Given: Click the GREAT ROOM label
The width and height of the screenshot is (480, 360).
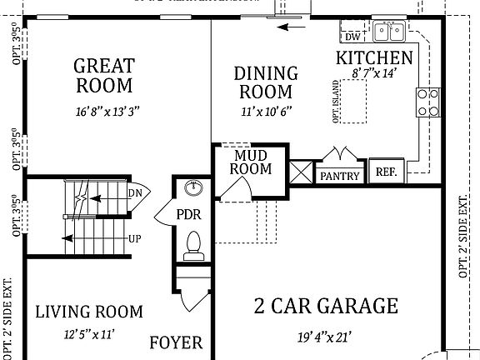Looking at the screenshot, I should click(103, 74).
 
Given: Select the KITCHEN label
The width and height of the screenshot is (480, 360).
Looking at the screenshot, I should click(374, 58).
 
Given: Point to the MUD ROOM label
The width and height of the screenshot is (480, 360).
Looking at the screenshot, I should click(252, 162).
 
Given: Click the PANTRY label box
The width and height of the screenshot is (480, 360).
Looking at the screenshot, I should click(340, 175).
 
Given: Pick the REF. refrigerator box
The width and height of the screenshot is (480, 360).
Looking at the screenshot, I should click(386, 171).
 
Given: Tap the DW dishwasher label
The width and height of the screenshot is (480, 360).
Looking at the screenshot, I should click(352, 36).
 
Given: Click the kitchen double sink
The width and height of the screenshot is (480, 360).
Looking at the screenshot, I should click(388, 32).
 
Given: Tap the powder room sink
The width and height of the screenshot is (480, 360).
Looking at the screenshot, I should click(192, 187).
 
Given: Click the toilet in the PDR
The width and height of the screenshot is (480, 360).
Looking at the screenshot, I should click(193, 242).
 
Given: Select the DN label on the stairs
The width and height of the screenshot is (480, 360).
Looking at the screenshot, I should click(136, 193).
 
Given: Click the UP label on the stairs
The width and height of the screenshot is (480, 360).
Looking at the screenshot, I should click(134, 238).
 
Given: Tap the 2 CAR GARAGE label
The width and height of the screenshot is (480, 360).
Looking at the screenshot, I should click(326, 306).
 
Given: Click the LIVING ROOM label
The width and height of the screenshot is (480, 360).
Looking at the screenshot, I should click(89, 312).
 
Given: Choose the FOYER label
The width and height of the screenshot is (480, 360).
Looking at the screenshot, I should click(176, 343).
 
